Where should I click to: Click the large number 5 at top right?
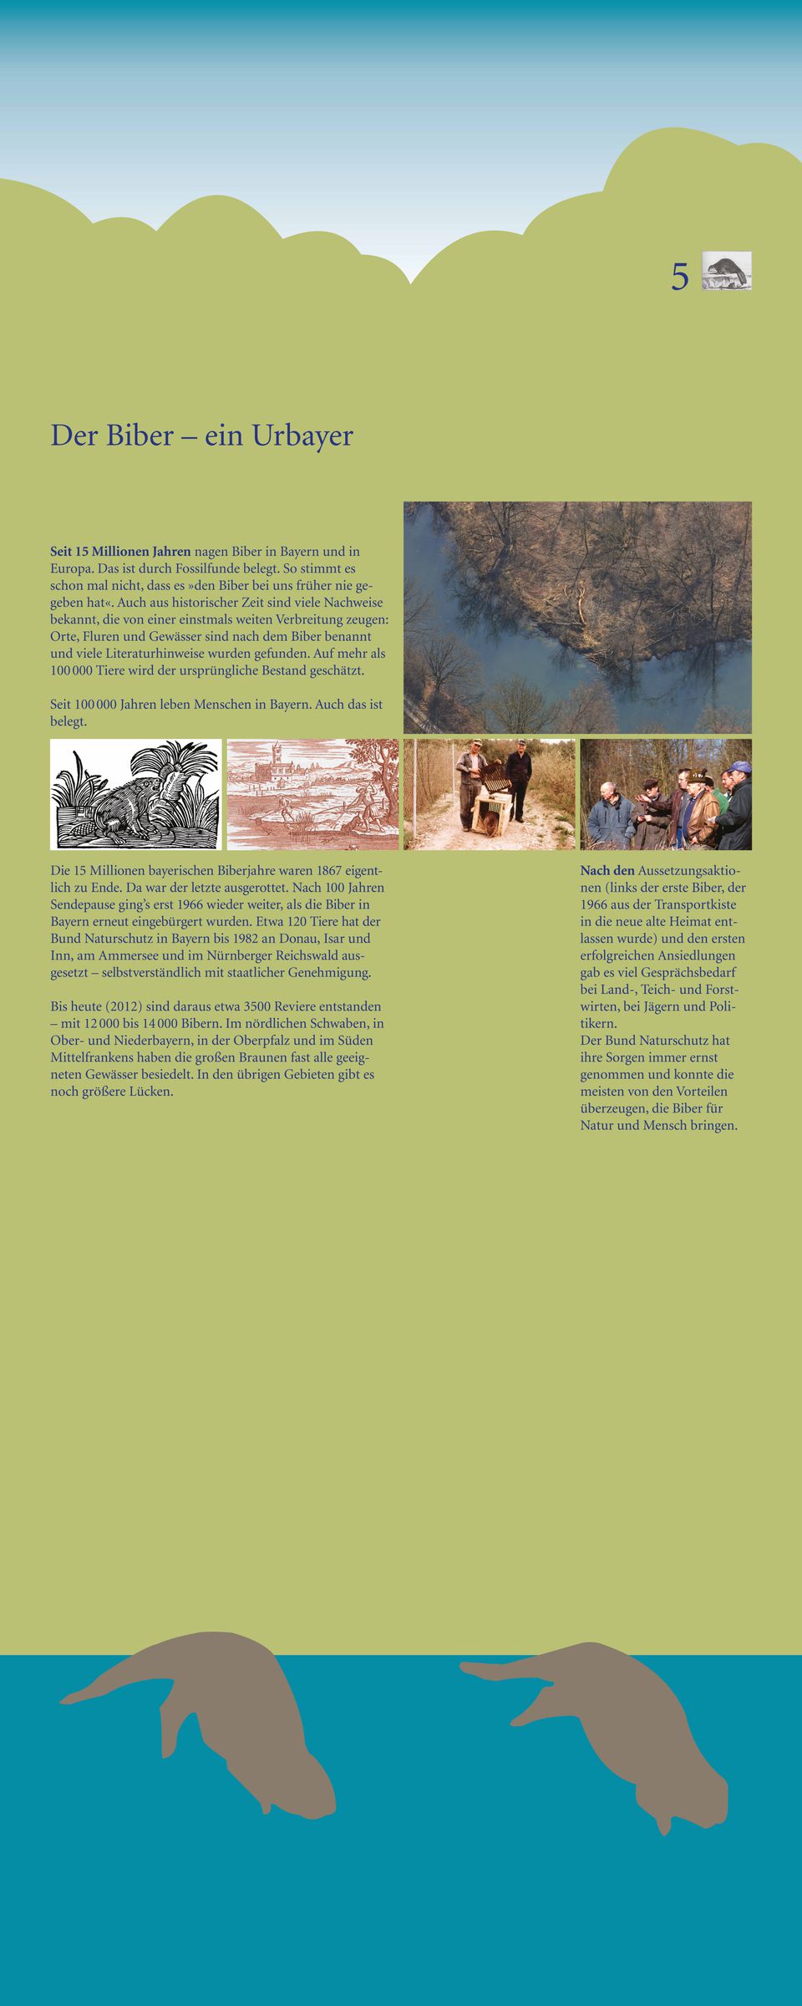(680, 277)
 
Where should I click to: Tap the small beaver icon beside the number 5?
(726, 271)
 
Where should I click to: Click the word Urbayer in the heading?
(302, 435)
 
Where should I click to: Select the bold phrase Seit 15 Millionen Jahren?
(120, 552)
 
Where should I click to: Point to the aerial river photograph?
(577, 617)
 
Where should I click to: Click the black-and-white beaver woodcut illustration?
(135, 794)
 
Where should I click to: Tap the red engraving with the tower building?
(312, 794)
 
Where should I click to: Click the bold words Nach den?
(607, 871)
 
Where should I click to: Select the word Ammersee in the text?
(129, 955)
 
